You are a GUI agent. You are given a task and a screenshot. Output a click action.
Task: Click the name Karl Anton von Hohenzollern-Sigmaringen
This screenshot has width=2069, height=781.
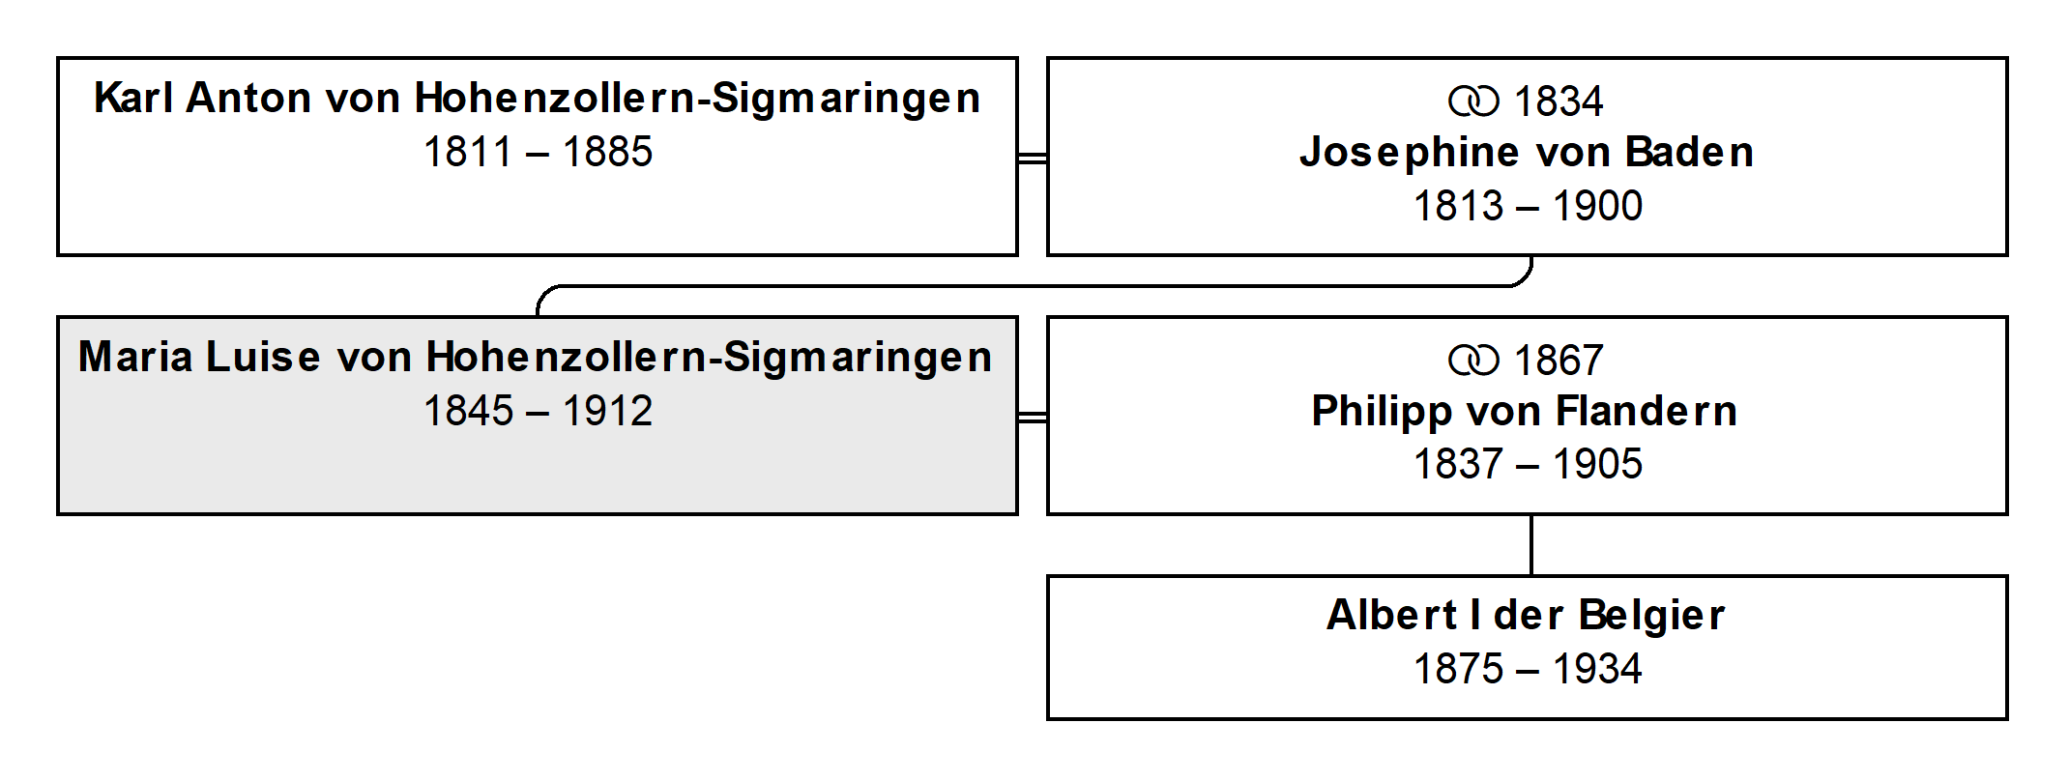pos(538,99)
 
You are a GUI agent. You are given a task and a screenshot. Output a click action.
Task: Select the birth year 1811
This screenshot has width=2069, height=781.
pos(468,152)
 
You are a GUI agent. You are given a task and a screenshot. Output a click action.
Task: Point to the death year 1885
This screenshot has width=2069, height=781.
pos(608,152)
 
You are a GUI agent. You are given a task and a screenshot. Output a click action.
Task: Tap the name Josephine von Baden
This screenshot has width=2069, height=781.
pos(1527,152)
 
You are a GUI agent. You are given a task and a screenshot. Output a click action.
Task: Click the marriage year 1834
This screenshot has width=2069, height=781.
pos(1559,101)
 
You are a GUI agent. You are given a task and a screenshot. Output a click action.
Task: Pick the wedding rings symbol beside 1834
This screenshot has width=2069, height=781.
pos(1473,101)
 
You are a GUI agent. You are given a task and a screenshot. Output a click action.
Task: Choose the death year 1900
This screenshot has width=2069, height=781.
pos(1598,206)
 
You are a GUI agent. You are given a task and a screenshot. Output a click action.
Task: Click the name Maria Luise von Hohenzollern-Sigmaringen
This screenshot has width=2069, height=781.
pos(536,358)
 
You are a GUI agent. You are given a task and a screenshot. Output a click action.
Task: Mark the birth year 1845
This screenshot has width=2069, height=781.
pos(468,411)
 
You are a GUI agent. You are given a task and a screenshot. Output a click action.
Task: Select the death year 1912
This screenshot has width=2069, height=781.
pos(608,411)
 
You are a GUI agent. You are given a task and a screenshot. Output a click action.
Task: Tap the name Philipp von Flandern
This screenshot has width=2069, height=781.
pos(1525,412)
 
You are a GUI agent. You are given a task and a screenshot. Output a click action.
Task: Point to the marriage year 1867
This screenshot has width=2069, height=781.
pos(1559,361)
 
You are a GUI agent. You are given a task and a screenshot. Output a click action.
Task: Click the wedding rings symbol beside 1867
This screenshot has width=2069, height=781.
pos(1473,361)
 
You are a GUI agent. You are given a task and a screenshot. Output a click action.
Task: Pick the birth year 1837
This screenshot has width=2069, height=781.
pos(1458,464)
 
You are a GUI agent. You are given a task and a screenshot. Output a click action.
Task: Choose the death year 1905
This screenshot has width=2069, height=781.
pos(1598,464)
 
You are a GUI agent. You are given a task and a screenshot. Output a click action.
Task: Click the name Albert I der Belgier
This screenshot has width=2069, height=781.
pos(1526,616)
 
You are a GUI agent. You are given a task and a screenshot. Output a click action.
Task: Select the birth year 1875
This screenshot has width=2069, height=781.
pos(1458,669)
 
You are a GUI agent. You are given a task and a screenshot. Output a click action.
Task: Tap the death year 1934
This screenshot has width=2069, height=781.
pos(1598,669)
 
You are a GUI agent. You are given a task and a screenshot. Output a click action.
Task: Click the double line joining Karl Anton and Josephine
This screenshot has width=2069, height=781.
pos(1033,158)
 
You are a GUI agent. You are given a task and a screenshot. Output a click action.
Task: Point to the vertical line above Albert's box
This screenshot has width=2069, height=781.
pos(1531,545)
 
